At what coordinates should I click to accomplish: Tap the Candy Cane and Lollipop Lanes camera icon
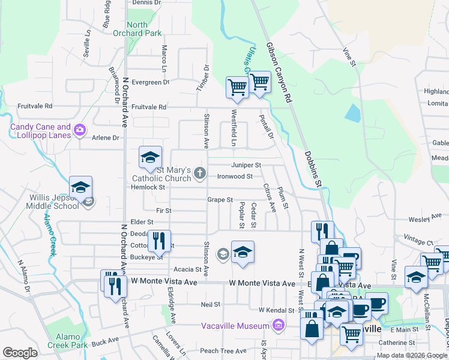(79, 129)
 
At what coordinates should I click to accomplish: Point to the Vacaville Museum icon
(278, 326)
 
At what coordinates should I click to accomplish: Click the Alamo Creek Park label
(71, 340)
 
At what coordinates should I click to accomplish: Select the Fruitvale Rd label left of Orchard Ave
(32, 106)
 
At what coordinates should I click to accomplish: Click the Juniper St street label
(246, 165)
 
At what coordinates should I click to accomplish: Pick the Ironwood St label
(235, 176)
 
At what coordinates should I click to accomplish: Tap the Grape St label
(220, 199)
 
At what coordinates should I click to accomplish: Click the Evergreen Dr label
(151, 82)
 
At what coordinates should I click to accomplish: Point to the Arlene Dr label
(106, 137)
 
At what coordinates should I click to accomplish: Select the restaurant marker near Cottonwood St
(159, 242)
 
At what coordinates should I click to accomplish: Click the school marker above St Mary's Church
(150, 158)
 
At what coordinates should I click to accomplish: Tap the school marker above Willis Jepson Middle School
(80, 187)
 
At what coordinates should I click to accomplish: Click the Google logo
(20, 353)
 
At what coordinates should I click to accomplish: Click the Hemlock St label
(148, 187)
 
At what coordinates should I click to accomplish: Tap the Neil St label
(211, 304)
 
